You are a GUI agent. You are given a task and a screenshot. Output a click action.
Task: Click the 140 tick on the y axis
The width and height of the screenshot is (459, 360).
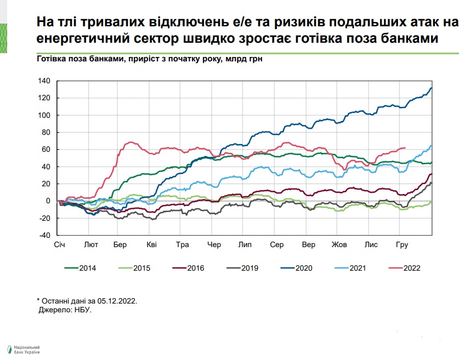click(44, 81)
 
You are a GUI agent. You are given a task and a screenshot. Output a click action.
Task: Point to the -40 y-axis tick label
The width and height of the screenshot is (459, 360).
click(44, 235)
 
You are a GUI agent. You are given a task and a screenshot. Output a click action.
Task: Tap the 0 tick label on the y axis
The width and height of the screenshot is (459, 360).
click(48, 201)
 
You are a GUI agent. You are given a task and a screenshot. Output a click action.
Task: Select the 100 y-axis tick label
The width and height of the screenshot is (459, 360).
click(44, 115)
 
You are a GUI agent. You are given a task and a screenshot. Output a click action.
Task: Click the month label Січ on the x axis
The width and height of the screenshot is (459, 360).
click(60, 245)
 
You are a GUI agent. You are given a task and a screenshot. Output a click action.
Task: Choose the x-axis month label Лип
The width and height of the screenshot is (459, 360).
click(245, 245)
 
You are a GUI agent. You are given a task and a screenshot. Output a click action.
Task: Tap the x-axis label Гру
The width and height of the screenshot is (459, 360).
click(402, 245)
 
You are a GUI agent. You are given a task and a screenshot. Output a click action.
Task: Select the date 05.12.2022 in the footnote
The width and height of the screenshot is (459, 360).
click(117, 301)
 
